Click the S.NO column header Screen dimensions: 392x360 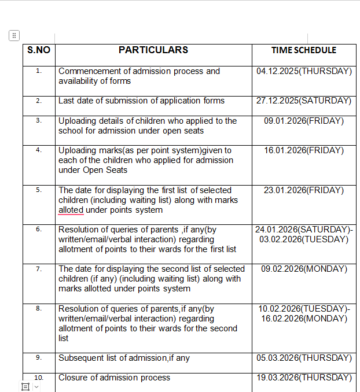point(39,50)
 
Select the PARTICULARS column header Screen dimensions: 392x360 point(153,50)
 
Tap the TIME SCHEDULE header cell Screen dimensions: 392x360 point(304,50)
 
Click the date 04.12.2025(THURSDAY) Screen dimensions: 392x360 point(304,71)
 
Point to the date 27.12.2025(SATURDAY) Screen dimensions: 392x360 point(304,101)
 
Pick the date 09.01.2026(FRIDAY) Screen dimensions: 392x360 point(304,121)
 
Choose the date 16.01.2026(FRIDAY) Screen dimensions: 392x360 point(304,150)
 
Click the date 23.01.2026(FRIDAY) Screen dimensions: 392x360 point(304,190)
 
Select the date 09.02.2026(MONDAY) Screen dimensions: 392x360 point(304,269)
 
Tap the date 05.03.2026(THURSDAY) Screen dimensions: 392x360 point(304,358)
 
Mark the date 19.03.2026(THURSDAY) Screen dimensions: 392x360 point(304,378)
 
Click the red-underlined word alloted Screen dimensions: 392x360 point(71,210)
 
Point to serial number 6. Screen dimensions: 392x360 point(39,230)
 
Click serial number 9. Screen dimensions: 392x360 point(39,358)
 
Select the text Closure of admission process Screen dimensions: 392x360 point(114,378)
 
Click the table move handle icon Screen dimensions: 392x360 point(14,35)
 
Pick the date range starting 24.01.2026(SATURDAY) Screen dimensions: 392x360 point(304,230)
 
